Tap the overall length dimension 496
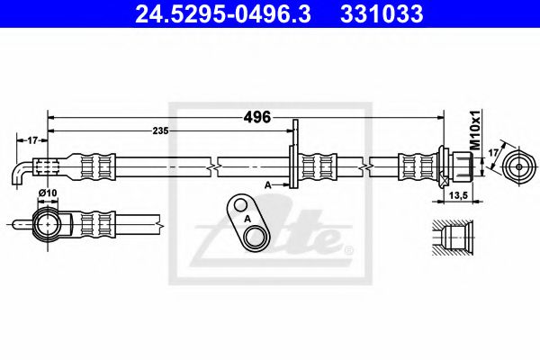click(257, 116)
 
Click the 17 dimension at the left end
click(31, 139)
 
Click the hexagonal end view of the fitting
click(519, 166)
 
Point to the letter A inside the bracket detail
click(245, 217)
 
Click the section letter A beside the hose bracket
click(267, 184)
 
